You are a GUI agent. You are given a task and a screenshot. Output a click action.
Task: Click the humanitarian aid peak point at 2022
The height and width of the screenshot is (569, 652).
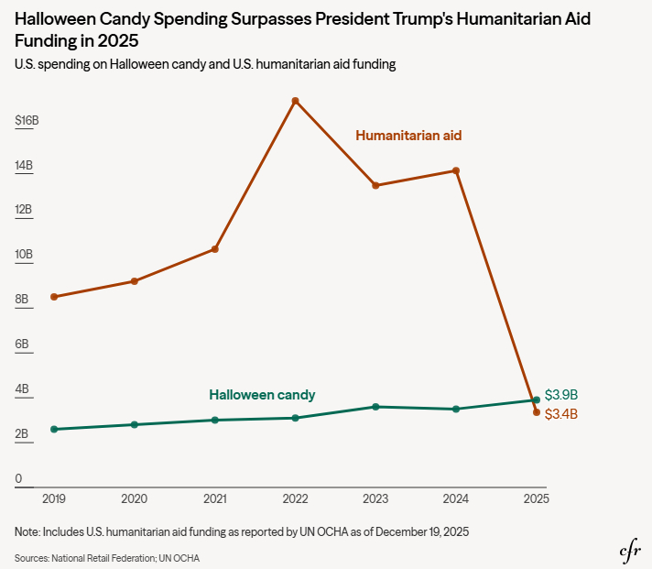295,101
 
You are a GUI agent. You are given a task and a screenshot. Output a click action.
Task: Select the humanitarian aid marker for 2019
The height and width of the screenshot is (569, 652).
54,297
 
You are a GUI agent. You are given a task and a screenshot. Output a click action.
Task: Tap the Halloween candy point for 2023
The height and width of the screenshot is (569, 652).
375,407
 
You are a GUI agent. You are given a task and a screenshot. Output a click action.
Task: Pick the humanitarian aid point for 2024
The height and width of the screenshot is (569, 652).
456,170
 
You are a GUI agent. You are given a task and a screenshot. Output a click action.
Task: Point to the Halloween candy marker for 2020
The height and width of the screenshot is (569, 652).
135,424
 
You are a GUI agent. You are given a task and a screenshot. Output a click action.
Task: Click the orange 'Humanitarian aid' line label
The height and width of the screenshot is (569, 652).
408,136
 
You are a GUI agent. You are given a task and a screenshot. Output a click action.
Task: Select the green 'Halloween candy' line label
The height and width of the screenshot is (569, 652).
262,395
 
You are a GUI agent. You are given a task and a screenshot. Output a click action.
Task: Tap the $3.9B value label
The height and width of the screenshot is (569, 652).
561,395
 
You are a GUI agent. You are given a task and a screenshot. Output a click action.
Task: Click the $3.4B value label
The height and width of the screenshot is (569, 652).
561,414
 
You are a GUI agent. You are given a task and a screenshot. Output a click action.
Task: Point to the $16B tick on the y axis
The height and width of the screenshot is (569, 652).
27,121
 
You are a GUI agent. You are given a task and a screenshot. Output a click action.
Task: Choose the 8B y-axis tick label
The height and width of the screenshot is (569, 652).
23,300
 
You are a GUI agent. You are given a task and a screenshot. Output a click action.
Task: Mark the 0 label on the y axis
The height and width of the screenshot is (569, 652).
18,478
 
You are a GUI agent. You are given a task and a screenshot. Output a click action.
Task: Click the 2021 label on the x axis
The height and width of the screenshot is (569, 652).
214,499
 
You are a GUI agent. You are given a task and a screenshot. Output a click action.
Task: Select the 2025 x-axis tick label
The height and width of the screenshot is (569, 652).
536,499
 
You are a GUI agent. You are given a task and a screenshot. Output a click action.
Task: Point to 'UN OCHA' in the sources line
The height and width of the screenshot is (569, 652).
181,558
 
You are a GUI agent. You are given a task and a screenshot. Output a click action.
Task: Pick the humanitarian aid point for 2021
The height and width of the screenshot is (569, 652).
214,249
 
